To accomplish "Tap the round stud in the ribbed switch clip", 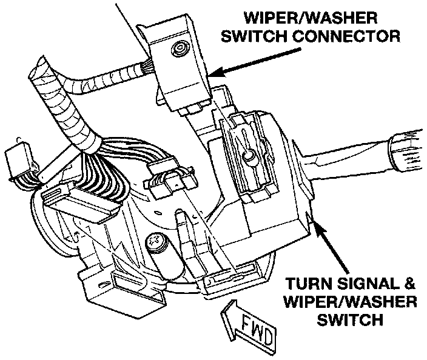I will coord(248,156).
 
